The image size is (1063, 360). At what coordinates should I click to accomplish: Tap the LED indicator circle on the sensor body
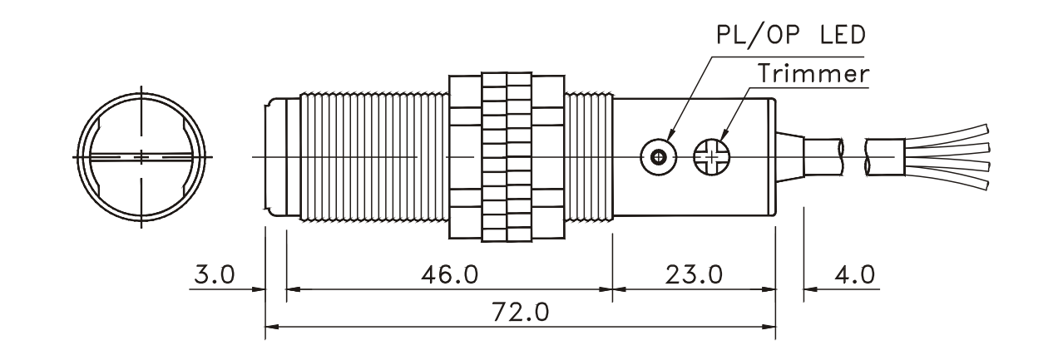pyautogui.click(x=657, y=155)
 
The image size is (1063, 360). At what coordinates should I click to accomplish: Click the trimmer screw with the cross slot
pyautogui.click(x=710, y=155)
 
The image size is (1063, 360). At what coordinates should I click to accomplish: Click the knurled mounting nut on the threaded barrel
pyautogui.click(x=507, y=155)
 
